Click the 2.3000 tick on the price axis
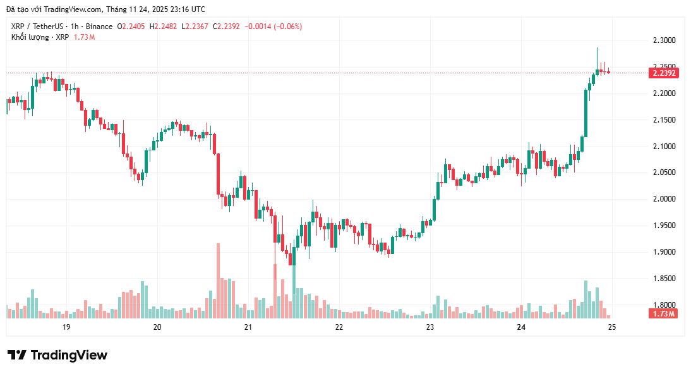[x=664, y=40]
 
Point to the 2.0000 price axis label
[x=664, y=199]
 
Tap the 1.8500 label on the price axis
[x=664, y=279]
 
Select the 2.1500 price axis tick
[x=664, y=120]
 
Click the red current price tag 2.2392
[x=664, y=73]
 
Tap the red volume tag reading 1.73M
[x=664, y=314]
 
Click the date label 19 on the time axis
[x=66, y=327]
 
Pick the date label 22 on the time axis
[x=339, y=327]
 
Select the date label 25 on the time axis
[x=611, y=327]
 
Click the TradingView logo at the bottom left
[x=57, y=355]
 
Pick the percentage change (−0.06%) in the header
[x=282, y=27]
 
